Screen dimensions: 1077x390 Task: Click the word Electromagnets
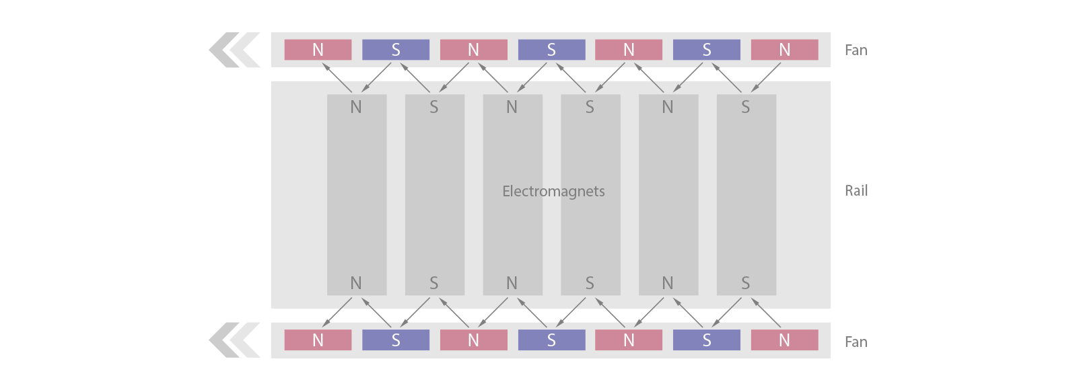click(x=553, y=191)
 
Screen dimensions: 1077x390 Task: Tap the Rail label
click(x=856, y=191)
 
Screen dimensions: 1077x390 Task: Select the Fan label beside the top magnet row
click(x=856, y=50)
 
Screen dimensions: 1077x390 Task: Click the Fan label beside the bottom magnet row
click(x=856, y=342)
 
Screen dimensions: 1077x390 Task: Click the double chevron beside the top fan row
click(x=234, y=50)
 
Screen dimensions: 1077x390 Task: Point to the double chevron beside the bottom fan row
click(x=234, y=340)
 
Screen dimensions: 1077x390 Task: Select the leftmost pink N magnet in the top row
click(x=318, y=50)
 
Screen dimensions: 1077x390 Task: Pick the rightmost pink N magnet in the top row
click(x=785, y=50)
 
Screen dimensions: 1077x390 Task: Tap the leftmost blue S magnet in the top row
click(x=396, y=50)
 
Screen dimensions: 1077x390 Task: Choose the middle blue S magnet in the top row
click(x=551, y=50)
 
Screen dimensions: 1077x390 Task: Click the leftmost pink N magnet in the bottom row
click(x=318, y=340)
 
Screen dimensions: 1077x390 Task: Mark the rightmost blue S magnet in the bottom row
click(x=707, y=340)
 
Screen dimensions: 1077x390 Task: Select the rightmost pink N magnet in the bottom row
click(x=785, y=340)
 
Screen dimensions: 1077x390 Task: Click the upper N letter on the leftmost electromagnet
click(x=356, y=107)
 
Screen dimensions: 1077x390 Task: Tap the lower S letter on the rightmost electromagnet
click(x=745, y=283)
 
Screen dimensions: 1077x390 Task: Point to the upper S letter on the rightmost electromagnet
click(x=745, y=107)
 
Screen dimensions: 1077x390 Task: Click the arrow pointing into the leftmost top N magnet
click(x=337, y=78)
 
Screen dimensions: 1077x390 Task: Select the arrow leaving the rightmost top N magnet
click(x=765, y=77)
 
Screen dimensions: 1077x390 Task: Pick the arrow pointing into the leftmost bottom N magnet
click(x=337, y=313)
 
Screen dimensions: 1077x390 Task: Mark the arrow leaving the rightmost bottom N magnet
click(x=765, y=313)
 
